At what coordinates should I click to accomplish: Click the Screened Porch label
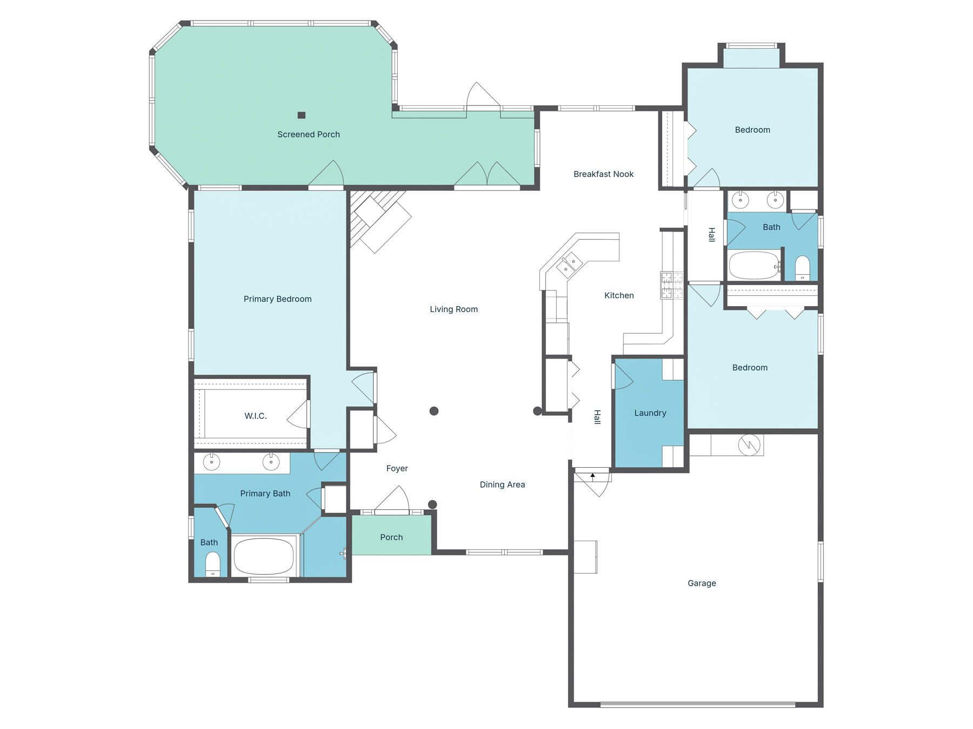(x=308, y=134)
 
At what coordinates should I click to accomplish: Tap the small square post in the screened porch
(x=302, y=115)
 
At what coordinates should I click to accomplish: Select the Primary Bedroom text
(x=277, y=299)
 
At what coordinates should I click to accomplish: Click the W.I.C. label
(x=255, y=416)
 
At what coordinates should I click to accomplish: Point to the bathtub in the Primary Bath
(x=264, y=556)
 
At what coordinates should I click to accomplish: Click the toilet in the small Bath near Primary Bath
(x=213, y=565)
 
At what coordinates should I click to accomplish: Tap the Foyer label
(x=397, y=469)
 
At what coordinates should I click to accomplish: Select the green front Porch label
(x=391, y=537)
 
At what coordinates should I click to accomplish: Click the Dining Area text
(x=502, y=485)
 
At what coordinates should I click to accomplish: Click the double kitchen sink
(x=569, y=265)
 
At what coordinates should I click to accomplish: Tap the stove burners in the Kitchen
(x=671, y=286)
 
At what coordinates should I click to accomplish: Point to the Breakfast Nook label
(x=603, y=174)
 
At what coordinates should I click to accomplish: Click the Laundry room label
(x=650, y=413)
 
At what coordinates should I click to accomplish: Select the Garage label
(x=702, y=583)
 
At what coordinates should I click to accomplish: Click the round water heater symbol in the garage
(x=749, y=444)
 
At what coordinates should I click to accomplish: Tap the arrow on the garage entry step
(x=592, y=476)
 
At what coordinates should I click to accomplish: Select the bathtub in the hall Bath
(x=754, y=265)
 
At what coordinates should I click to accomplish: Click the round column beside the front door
(x=432, y=505)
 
